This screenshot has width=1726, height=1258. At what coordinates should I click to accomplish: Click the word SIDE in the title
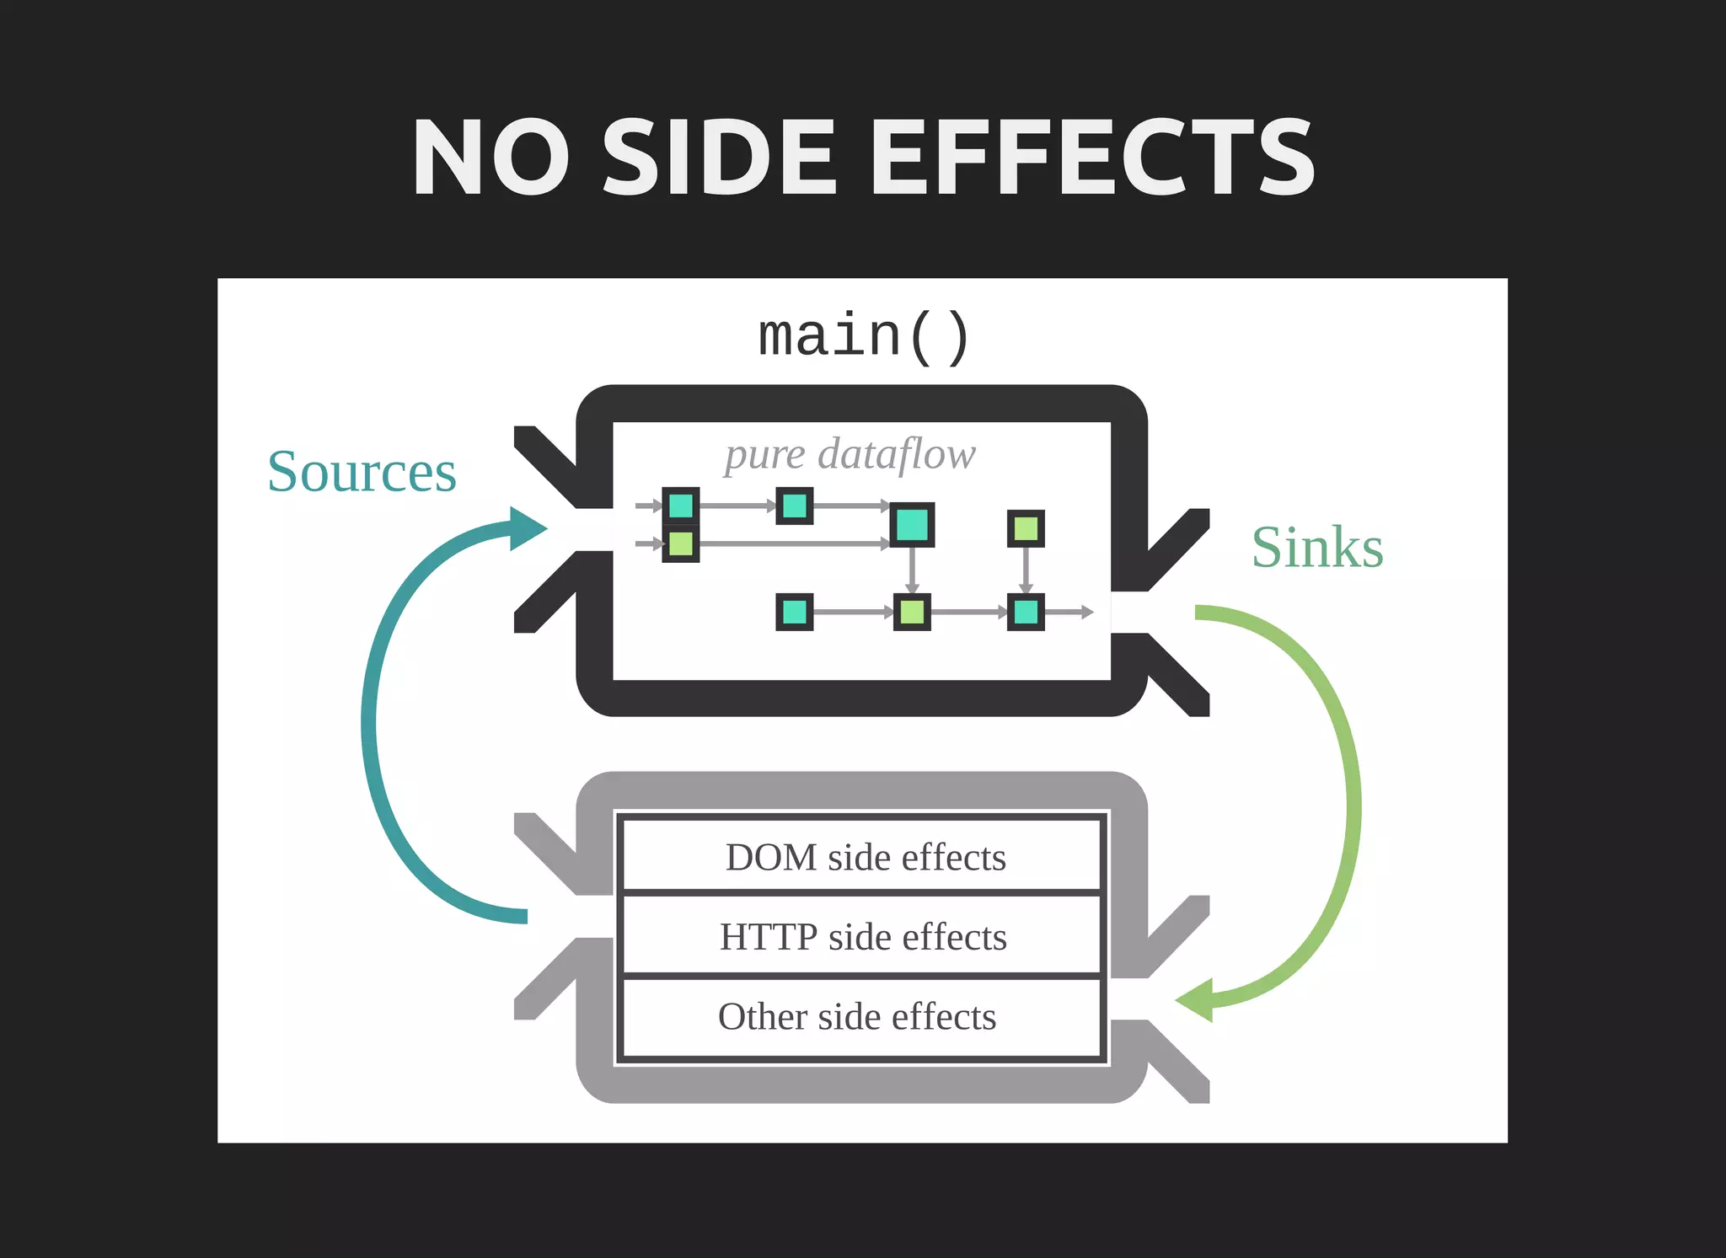(x=719, y=158)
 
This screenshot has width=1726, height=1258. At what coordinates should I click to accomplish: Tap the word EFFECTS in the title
(x=1091, y=158)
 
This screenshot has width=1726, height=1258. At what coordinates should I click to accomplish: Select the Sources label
(x=362, y=472)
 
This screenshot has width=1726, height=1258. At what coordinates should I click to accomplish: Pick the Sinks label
(x=1316, y=548)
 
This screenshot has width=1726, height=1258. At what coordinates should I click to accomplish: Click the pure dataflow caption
(x=850, y=454)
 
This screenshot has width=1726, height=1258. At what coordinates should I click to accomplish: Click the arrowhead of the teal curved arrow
(x=528, y=529)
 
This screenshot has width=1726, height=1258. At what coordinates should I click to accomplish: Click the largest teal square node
(x=912, y=525)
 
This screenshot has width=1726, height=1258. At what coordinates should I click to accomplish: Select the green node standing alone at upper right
(x=1026, y=529)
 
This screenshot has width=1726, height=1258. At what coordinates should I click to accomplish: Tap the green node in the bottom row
(x=912, y=612)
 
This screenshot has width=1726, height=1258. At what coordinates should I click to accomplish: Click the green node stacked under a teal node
(x=681, y=544)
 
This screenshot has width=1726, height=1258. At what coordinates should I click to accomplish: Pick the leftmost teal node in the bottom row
(x=794, y=612)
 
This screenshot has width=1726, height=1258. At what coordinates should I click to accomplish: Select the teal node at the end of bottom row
(x=1026, y=612)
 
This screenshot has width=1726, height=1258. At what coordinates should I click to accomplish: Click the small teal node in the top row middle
(x=794, y=506)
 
